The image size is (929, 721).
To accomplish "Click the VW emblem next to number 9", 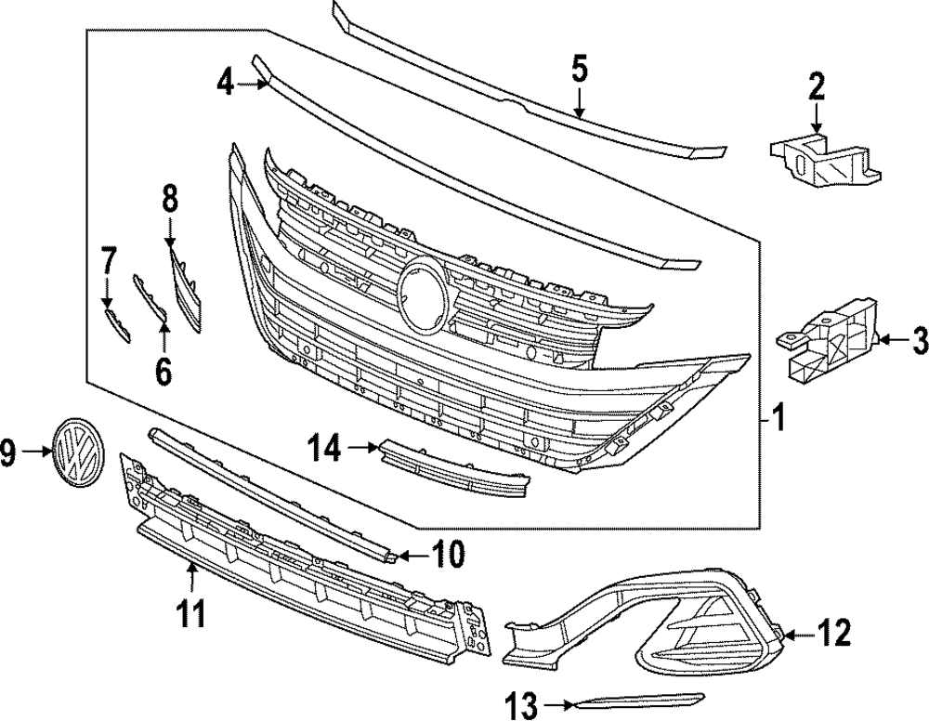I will pos(79,452).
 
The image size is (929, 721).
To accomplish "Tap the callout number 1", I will pos(779,420).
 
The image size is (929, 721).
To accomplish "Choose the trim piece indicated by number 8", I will pos(184,290).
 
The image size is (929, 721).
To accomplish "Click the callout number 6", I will pos(164,372).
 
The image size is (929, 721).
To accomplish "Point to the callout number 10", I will pos(448,557).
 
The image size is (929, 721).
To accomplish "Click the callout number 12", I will pos(834,635).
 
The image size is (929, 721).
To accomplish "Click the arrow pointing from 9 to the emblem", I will pos(35,452).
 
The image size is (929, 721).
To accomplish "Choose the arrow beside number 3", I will pos(888,341).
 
